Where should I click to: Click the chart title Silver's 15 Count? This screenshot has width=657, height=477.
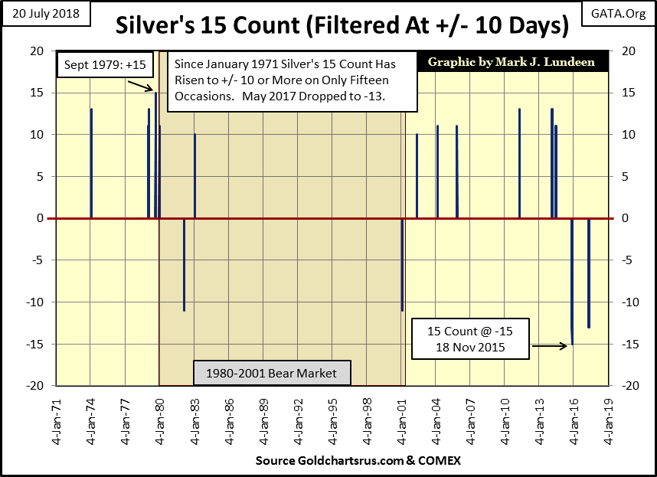click(342, 26)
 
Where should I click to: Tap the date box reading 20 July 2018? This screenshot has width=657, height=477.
click(47, 14)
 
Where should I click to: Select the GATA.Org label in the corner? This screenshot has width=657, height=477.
click(616, 13)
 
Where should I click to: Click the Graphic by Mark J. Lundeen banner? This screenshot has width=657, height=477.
click(511, 62)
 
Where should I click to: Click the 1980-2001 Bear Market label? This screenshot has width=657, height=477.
click(271, 374)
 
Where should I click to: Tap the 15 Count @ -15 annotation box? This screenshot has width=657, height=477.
click(469, 338)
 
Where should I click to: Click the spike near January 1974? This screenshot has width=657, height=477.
click(91, 163)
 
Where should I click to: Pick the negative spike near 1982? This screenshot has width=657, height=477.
click(184, 264)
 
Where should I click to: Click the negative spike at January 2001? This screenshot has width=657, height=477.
click(402, 264)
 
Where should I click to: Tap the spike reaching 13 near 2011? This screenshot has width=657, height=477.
click(519, 163)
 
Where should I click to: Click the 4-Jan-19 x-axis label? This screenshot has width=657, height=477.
click(610, 422)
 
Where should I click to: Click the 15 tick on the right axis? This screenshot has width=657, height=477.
click(623, 93)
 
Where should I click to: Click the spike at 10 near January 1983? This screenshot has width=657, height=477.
click(194, 176)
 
